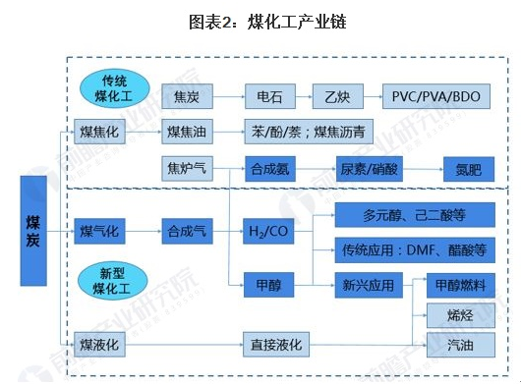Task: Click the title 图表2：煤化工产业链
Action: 260,21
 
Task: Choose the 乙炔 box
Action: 337,97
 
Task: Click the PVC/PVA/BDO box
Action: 435,97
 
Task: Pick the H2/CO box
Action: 271,233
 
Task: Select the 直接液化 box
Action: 277,344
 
